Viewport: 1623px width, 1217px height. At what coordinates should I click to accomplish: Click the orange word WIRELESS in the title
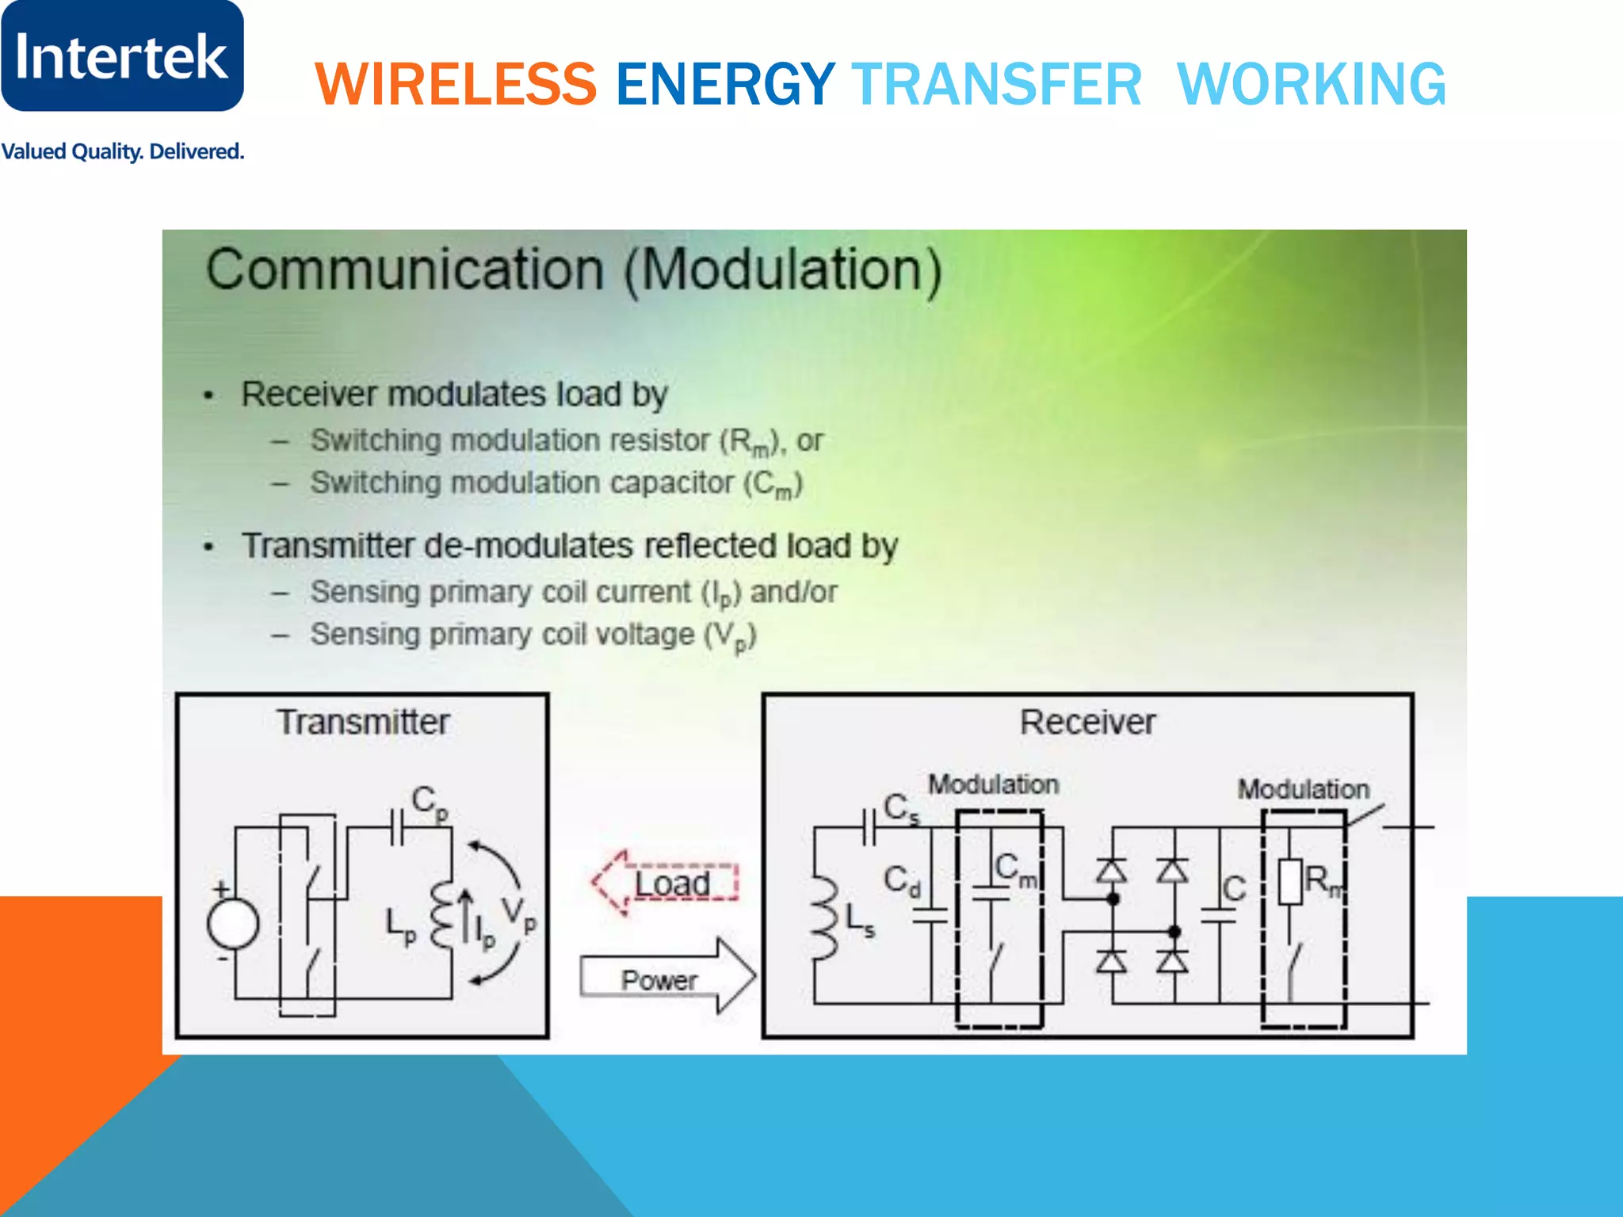(x=456, y=84)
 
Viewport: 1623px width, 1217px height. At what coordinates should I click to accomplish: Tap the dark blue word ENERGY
(x=725, y=84)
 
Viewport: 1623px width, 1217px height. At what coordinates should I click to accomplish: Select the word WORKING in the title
(x=1312, y=84)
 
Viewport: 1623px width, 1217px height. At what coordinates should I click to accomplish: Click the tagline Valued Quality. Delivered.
(x=122, y=151)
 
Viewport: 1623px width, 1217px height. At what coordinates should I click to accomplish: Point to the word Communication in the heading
(x=405, y=269)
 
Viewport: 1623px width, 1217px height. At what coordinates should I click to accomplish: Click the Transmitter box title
(x=363, y=722)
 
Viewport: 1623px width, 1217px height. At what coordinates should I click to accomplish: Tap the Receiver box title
(x=1087, y=722)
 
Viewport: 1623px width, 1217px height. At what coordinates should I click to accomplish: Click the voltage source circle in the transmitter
(x=232, y=924)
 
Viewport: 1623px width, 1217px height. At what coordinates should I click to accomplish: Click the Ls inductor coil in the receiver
(x=824, y=919)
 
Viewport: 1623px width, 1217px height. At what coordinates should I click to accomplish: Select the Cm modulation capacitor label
(x=1015, y=868)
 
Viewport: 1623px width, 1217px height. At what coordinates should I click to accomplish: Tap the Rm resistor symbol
(x=1290, y=881)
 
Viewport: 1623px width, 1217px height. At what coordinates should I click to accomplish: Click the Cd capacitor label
(x=902, y=880)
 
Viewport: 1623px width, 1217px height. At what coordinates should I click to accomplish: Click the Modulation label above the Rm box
(x=1303, y=789)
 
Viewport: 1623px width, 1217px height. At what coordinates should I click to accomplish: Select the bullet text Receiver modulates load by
(x=454, y=394)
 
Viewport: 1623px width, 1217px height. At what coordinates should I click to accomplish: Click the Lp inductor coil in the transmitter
(x=441, y=915)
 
